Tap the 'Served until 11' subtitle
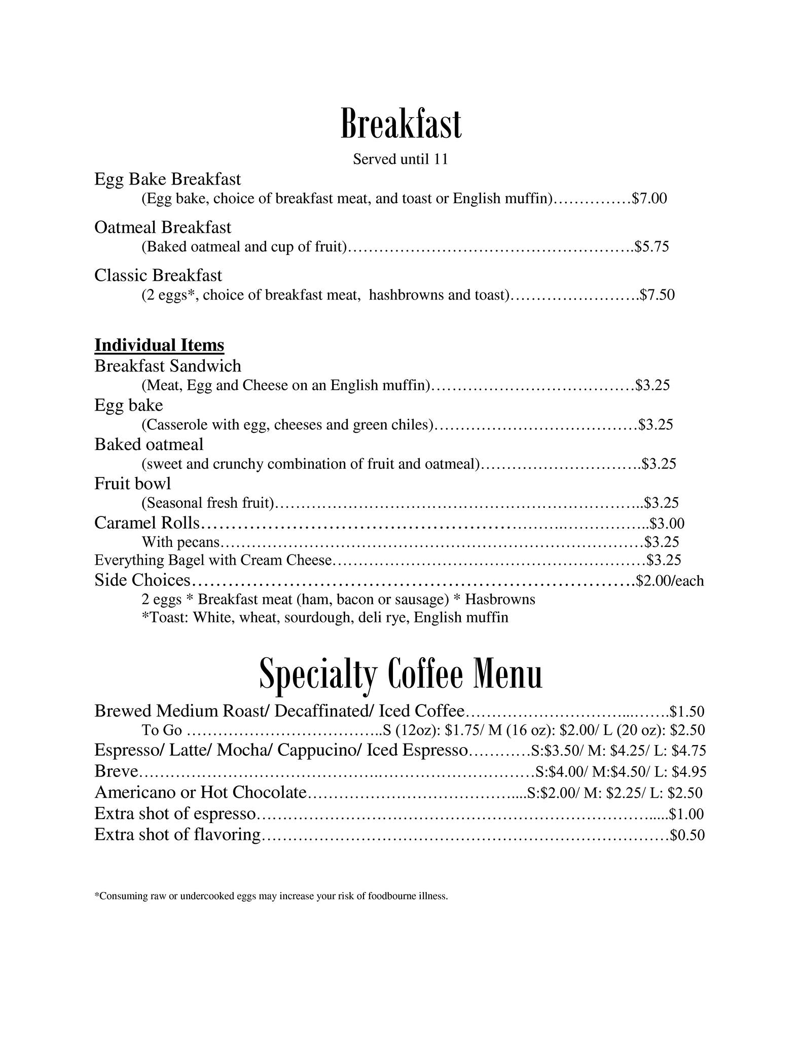tap(400, 160)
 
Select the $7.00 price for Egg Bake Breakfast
tap(649, 199)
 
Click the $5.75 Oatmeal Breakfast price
tap(653, 247)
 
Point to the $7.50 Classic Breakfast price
tap(658, 295)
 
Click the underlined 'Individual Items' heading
tap(159, 345)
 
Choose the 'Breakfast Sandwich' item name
tap(168, 366)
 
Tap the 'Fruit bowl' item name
tap(133, 484)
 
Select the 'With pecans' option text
tap(181, 542)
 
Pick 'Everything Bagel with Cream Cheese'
tap(213, 561)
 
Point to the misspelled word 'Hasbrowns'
tap(500, 600)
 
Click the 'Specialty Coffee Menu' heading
tap(400, 674)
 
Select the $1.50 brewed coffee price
tap(687, 712)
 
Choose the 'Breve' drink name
tap(117, 771)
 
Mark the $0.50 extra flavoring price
tap(687, 835)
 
